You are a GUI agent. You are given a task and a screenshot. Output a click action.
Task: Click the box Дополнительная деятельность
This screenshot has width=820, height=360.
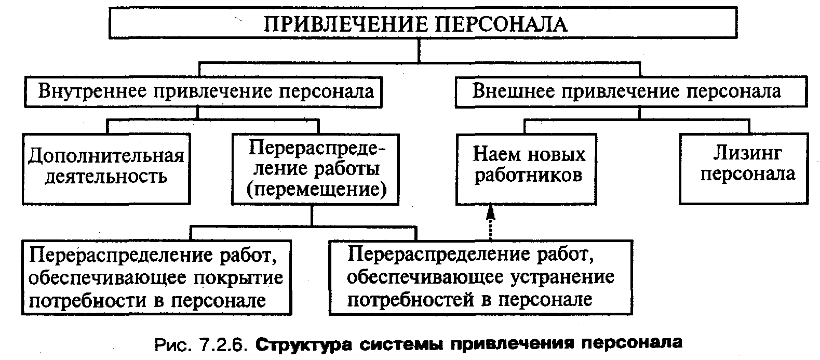point(106,169)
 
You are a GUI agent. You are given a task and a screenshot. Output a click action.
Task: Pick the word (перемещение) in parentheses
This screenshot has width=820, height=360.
point(316,190)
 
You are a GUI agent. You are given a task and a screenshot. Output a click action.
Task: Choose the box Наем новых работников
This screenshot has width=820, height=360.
point(526,169)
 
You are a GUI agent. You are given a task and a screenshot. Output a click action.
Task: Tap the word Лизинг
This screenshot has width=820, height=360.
point(747,154)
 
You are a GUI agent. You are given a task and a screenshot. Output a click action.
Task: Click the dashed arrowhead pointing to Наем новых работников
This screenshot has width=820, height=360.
point(491,213)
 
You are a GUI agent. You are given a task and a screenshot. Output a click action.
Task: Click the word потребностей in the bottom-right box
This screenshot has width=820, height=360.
point(410,300)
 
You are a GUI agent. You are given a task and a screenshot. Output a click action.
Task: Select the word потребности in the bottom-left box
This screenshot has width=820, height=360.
point(88,301)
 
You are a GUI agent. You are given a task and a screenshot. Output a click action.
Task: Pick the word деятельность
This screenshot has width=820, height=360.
point(106,177)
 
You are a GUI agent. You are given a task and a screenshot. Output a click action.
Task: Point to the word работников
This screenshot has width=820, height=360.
point(528,176)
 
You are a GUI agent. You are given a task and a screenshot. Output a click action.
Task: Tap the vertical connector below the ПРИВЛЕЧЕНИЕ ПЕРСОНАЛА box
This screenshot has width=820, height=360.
point(419,50)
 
